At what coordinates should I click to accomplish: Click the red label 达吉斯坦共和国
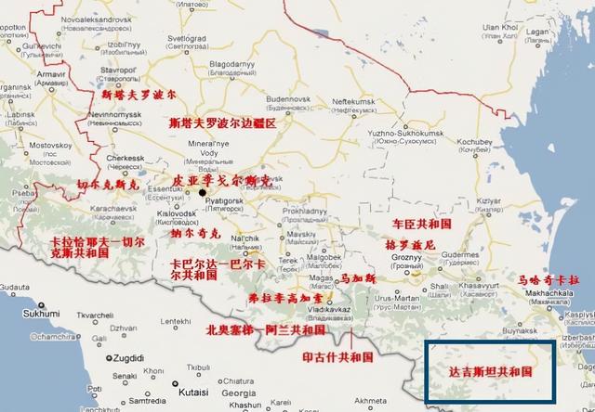click(x=490, y=370)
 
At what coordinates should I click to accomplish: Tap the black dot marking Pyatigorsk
click(x=201, y=192)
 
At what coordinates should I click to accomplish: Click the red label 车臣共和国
click(x=422, y=225)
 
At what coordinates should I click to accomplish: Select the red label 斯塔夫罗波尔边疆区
click(x=223, y=122)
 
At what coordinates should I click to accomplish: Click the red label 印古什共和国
click(x=337, y=355)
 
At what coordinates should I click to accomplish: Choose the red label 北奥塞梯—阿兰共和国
click(x=265, y=328)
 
